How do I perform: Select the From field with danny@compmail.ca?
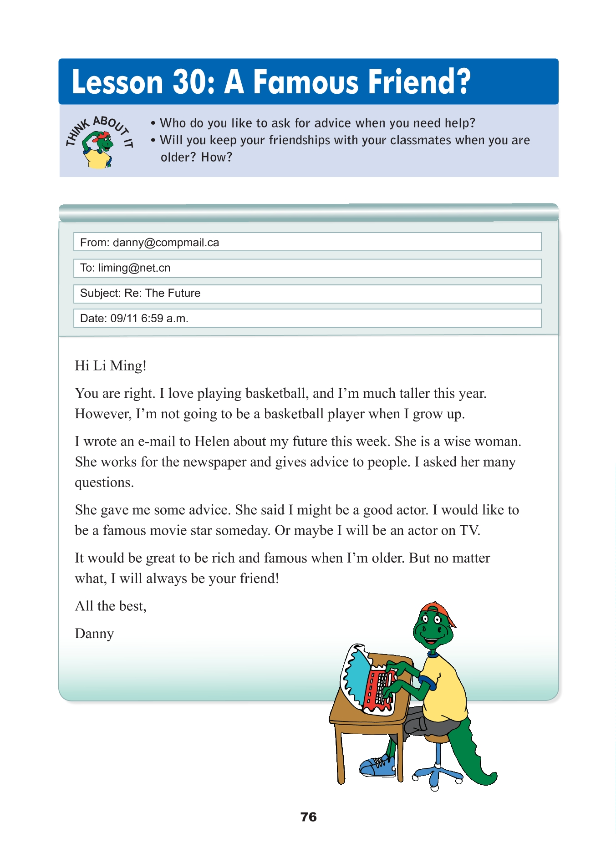point(307,242)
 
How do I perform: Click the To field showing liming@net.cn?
point(307,268)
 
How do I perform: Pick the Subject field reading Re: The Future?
point(307,294)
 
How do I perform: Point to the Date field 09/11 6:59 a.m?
point(307,318)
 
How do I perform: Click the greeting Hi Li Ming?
point(111,366)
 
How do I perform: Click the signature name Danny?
point(94,634)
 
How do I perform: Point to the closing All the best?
point(111,606)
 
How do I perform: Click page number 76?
point(308,817)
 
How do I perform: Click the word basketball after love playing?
point(276,393)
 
